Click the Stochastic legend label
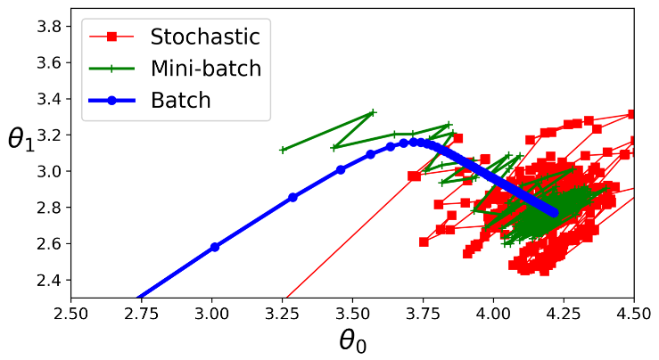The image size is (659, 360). point(205,37)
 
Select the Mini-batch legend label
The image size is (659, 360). point(205,69)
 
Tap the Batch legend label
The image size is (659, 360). point(181,100)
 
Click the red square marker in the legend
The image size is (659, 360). point(111,37)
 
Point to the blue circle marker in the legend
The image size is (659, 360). point(111,100)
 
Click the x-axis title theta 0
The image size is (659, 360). point(352,340)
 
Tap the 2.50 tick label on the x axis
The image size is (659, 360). point(70,314)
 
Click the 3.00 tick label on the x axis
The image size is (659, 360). point(211,314)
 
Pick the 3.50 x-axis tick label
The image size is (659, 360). point(352,314)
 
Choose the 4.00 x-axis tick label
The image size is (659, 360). point(493,314)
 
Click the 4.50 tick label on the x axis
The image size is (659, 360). point(634,314)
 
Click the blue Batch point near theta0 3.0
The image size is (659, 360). point(215,247)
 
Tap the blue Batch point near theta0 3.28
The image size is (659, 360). point(292,197)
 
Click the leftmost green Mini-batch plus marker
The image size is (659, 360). point(283,150)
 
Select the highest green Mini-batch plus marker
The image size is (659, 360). point(373,112)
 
